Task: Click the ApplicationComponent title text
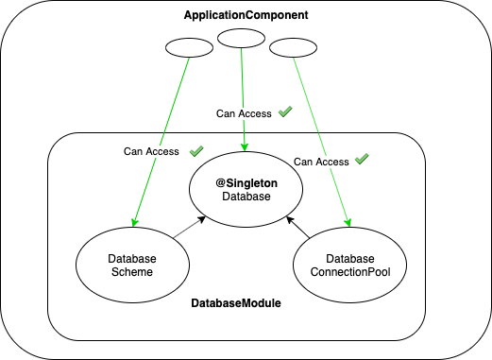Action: click(245, 17)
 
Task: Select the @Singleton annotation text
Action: click(246, 182)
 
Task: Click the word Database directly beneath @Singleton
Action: click(246, 197)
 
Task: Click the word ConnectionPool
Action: click(350, 272)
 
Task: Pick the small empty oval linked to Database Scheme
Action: click(185, 46)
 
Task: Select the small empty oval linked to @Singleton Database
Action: click(241, 38)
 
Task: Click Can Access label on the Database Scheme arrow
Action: click(151, 151)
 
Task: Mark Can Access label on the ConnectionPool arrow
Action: click(321, 162)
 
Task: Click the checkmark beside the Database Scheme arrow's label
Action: click(196, 150)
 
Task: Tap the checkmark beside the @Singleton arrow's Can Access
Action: click(285, 112)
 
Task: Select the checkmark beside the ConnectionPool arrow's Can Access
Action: click(361, 160)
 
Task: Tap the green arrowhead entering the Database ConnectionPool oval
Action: click(349, 223)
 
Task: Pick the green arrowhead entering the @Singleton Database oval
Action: click(246, 146)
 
